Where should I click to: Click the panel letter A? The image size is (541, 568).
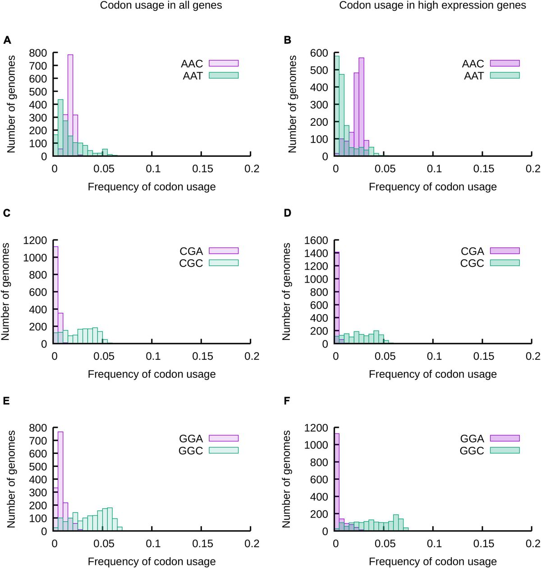[x=7, y=40]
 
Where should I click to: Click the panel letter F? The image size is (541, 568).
[x=287, y=401]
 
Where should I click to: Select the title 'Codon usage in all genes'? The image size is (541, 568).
[x=161, y=5]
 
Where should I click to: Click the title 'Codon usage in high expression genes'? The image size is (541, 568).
[x=432, y=5]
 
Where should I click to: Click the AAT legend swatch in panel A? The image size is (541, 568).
[x=224, y=75]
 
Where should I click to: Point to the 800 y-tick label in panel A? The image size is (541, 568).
[x=38, y=53]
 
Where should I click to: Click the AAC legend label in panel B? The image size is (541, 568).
[x=473, y=64]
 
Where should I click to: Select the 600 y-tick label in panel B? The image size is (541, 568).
[x=319, y=53]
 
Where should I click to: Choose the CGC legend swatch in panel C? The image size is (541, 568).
[x=224, y=263]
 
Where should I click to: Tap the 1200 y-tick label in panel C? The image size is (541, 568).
[x=35, y=240]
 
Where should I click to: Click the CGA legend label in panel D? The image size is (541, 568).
[x=472, y=251]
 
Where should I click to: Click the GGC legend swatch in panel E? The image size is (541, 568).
[x=224, y=450]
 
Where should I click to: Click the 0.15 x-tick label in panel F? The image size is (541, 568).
[x=483, y=544]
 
